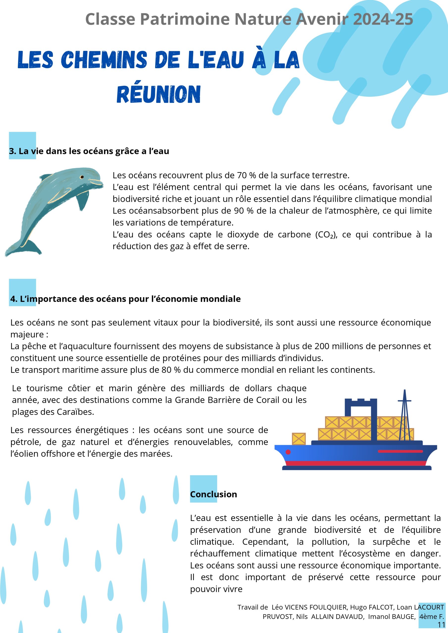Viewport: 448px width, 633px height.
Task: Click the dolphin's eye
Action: point(82,177)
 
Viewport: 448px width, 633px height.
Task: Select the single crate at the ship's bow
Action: point(299,439)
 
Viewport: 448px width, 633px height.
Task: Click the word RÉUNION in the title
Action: point(158,94)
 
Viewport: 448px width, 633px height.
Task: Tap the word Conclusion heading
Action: point(213,494)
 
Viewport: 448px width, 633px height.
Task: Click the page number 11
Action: point(441,625)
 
